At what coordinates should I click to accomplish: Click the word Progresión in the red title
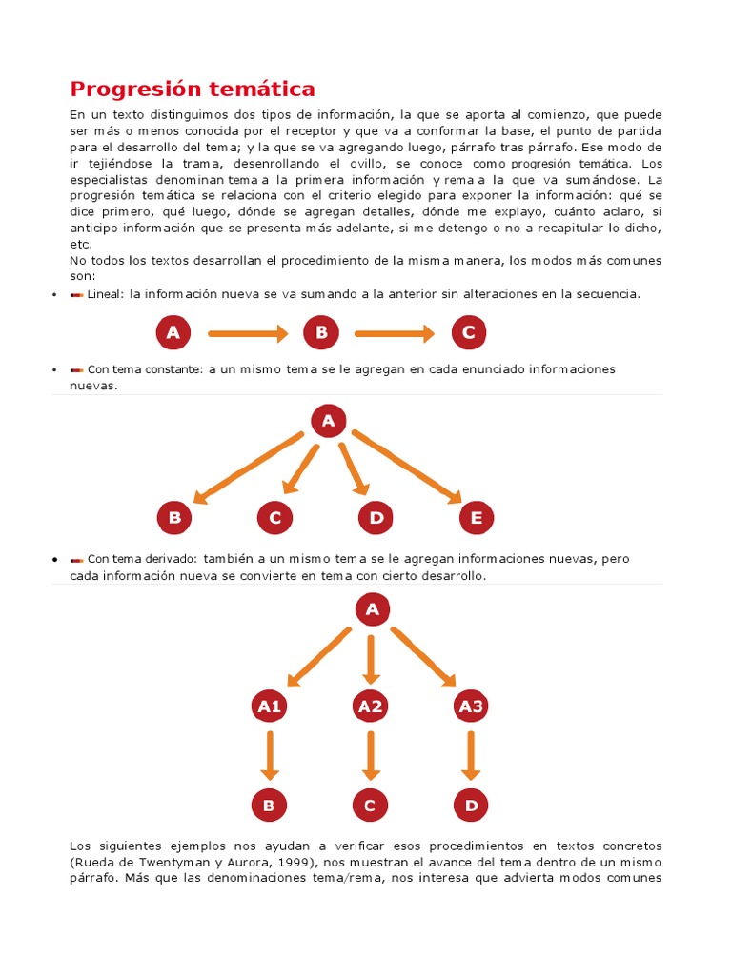coord(134,90)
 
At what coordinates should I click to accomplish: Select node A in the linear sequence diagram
coord(173,332)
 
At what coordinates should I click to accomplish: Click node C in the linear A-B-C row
coord(468,332)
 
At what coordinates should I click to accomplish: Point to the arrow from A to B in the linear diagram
coord(247,332)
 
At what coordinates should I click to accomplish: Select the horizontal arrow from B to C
coord(395,332)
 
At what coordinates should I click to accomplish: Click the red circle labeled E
coord(477,518)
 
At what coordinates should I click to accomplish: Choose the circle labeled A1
coord(269,706)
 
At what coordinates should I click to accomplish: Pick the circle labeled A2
coord(370,706)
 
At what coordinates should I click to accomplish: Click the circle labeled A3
coord(471,706)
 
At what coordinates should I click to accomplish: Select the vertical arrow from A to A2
coord(371,658)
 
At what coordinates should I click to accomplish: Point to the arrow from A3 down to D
coord(470,756)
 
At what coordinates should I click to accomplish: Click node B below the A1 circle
coord(269,806)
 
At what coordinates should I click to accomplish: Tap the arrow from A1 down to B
coord(270,756)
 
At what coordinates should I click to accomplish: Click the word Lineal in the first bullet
coord(106,294)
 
